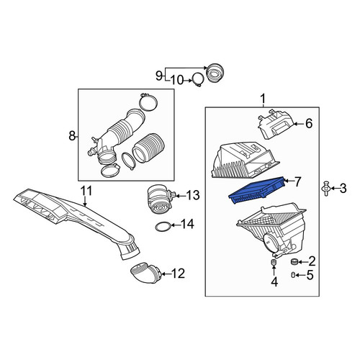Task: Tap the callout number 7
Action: tap(297, 181)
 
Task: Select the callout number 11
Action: tap(86, 191)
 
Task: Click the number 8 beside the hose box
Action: tap(72, 136)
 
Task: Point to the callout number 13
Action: tap(193, 195)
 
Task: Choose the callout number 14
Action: tap(187, 225)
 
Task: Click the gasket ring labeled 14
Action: tap(163, 227)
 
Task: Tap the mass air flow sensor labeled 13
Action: tap(161, 199)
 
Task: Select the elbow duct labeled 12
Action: tap(145, 273)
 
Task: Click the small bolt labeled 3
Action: tap(326, 189)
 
